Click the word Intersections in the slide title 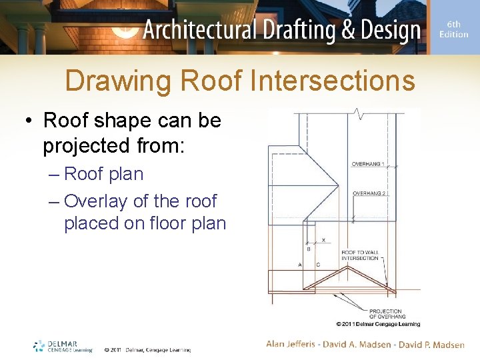click(333, 82)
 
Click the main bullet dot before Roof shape click(29, 121)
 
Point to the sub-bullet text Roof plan click(103, 174)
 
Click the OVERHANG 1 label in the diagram click(368, 164)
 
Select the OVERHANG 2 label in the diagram click(368, 193)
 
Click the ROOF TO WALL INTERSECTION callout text click(359, 255)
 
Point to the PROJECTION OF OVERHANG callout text click(386, 313)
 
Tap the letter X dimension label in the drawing click(323, 240)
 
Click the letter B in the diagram click(308, 249)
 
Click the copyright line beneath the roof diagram click(378, 324)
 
